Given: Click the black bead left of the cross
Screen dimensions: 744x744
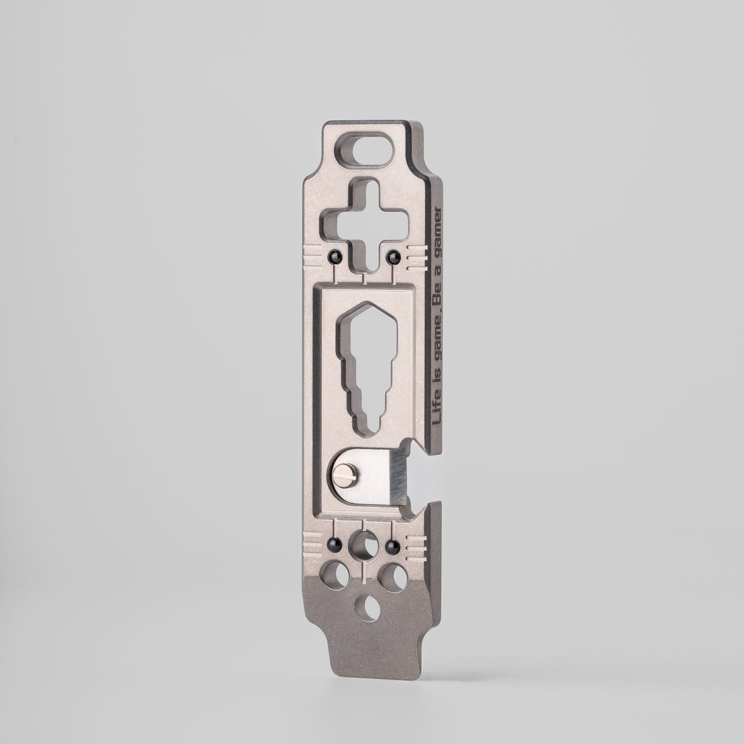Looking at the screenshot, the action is tap(334, 255).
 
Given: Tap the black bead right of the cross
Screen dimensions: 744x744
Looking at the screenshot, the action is tap(393, 255).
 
